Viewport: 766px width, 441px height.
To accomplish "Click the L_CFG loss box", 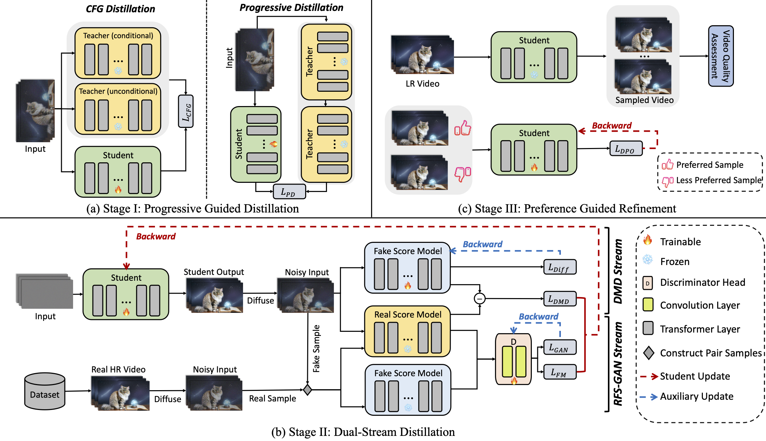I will point(186,112).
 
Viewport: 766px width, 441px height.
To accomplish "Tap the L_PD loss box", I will point(289,192).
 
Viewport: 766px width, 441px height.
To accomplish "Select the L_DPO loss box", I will point(626,149).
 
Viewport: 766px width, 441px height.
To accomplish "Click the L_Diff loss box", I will point(560,267).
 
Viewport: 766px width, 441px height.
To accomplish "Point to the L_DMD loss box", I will point(560,299).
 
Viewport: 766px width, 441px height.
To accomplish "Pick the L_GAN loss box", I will point(560,347).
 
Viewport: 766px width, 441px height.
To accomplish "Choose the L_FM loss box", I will point(560,372).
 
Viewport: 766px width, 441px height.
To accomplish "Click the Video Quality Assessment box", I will point(721,56).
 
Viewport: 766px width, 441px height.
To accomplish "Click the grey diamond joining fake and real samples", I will point(307,389).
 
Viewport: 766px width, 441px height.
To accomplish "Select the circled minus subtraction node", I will point(480,299).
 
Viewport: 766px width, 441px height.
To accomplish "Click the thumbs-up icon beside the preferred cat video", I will point(463,129).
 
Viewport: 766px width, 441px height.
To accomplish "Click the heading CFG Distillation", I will point(120,9).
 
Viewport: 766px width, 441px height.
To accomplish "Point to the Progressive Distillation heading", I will point(291,8).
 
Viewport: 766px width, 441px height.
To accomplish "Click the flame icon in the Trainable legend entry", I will point(648,240).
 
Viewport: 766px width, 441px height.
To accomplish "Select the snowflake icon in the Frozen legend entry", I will point(648,260).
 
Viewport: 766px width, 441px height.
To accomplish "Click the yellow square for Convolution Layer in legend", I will point(648,304).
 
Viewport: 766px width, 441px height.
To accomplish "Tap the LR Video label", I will point(422,84).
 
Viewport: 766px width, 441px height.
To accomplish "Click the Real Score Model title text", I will point(408,314).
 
